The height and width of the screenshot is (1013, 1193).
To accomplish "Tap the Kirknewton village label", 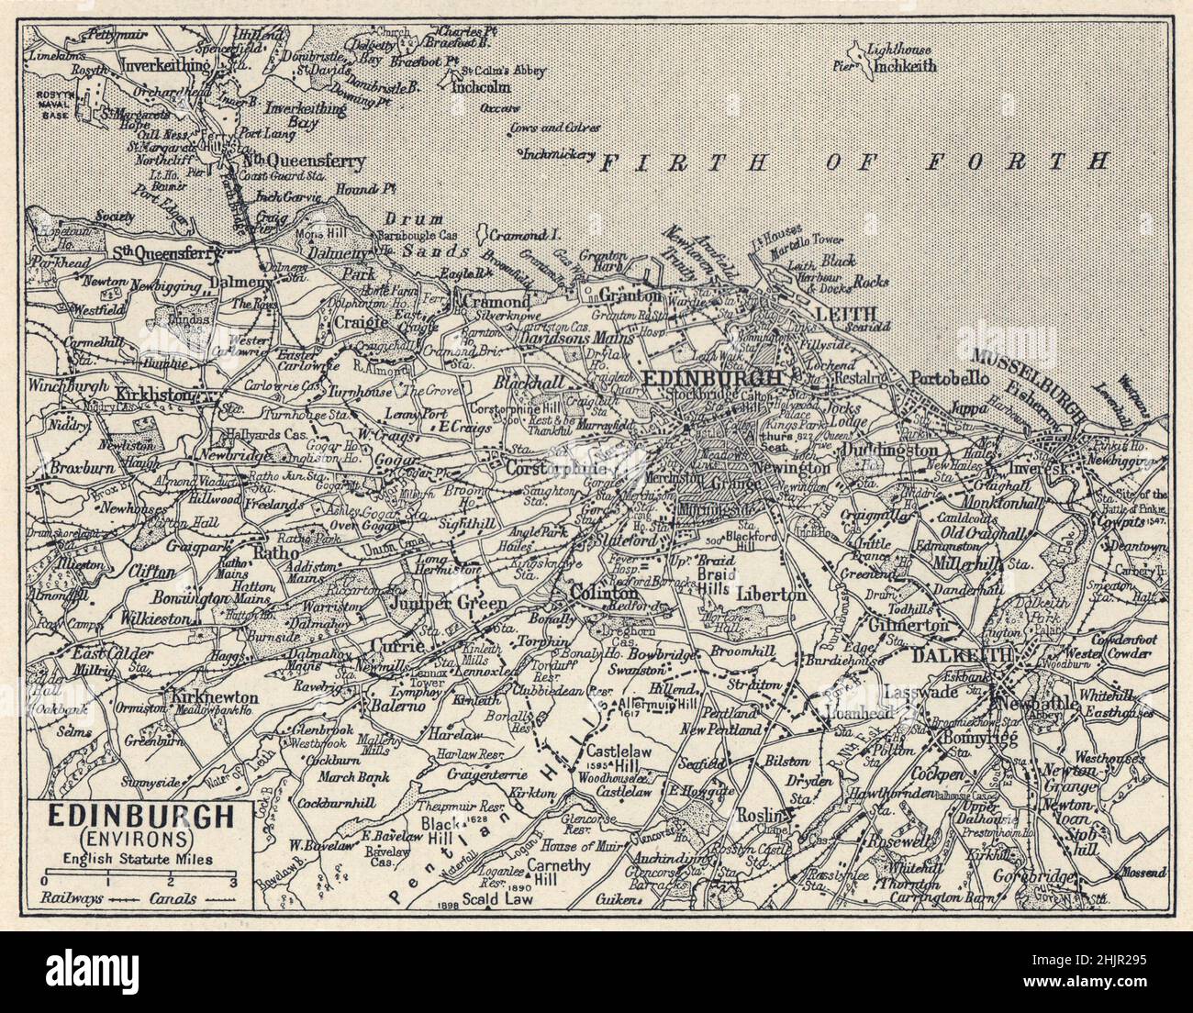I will tap(216, 697).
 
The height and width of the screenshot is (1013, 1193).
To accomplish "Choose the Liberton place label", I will tap(771, 594).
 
